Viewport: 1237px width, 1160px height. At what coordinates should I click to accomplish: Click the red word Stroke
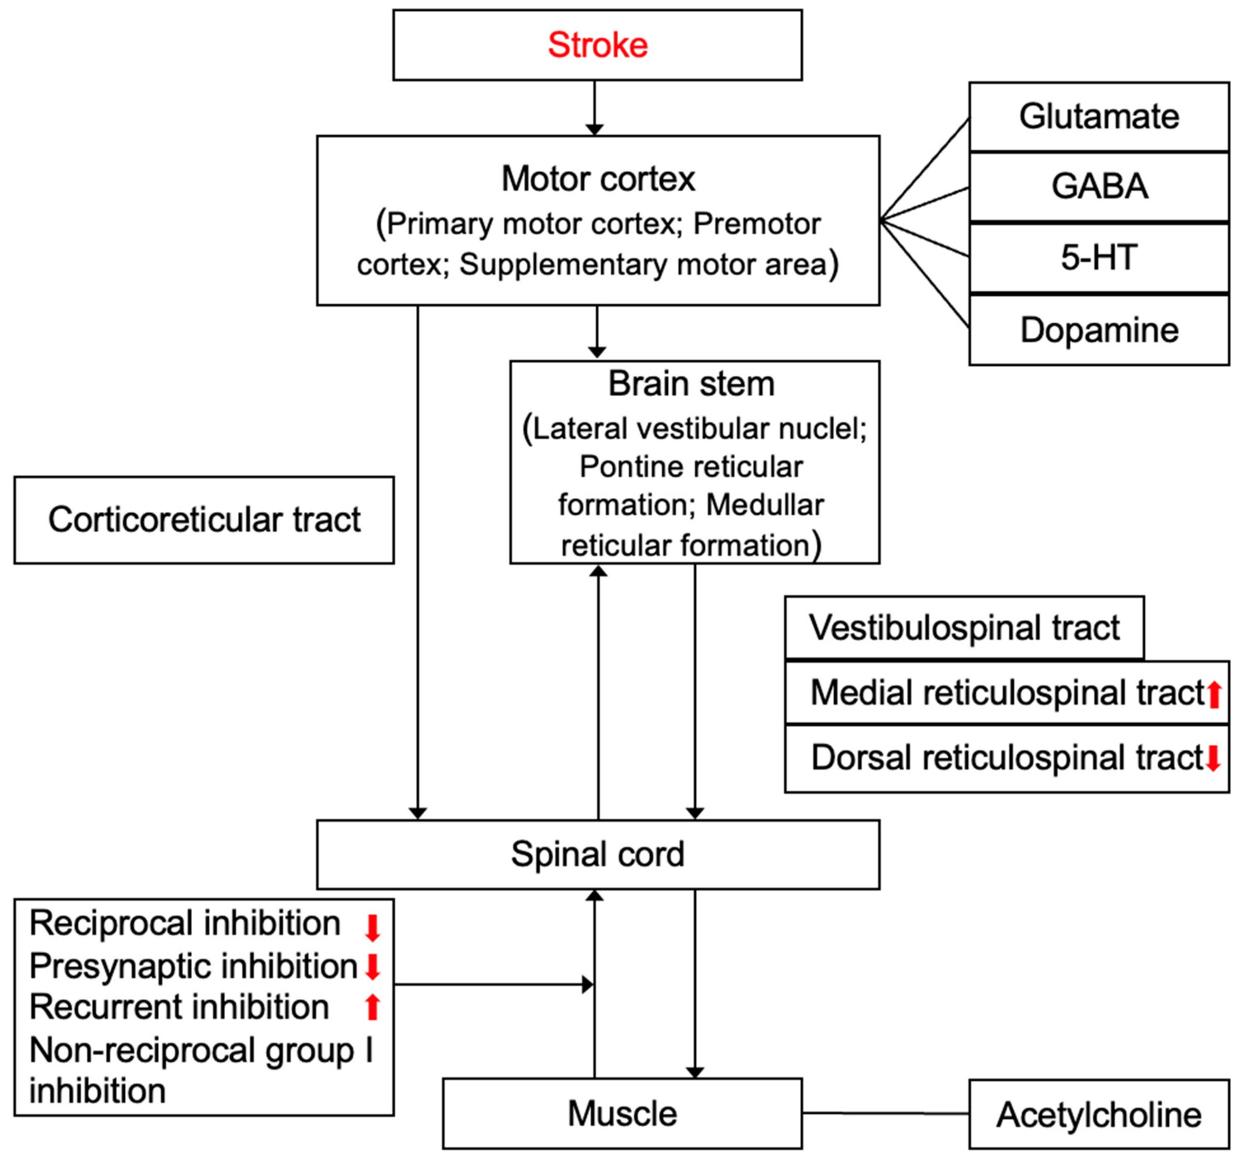597,45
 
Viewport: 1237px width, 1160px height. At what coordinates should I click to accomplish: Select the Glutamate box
1099,116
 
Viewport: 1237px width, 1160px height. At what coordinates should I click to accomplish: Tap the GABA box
1099,187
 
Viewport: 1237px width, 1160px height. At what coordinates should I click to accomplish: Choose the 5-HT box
1099,258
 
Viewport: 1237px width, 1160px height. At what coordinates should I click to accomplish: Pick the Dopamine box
1099,330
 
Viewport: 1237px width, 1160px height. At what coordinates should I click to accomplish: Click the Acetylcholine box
1099,1114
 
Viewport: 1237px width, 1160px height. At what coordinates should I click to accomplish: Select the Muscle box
622,1113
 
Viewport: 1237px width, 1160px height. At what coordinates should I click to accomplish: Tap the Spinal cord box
598,855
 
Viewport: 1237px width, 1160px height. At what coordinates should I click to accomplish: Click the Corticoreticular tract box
204,520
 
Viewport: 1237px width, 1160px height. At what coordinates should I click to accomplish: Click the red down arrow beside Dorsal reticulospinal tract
1213,758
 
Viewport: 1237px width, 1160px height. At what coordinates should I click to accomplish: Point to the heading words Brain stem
691,384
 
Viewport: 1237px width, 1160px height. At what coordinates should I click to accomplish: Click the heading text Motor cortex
598,179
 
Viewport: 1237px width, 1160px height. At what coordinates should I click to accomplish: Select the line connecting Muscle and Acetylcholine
886,1113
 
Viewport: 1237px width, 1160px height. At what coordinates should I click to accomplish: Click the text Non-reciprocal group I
201,1051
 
